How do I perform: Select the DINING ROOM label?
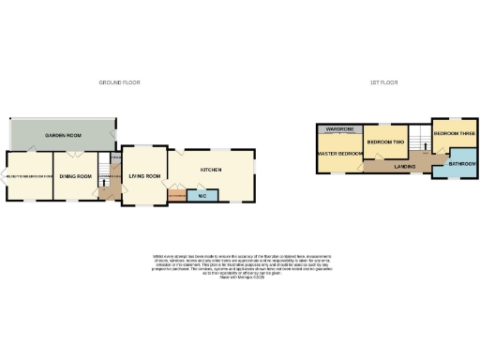(74, 176)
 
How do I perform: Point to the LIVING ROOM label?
(145, 176)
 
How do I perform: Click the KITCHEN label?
(212, 170)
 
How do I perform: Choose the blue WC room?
(202, 196)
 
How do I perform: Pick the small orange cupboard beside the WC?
(177, 196)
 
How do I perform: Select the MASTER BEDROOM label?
(339, 153)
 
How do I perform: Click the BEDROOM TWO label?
(384, 142)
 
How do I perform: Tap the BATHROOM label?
(461, 164)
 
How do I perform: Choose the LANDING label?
(405, 166)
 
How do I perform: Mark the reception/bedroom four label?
(28, 176)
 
